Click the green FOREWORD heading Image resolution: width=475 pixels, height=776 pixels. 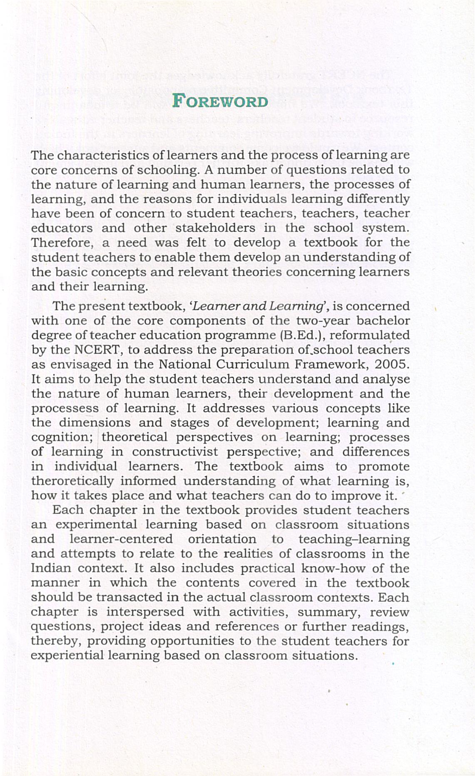pos(220,101)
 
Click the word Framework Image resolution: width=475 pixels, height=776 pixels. pos(331,364)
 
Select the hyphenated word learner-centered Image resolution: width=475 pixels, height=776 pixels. pos(121,539)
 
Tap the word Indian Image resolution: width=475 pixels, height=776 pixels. pos(51,568)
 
